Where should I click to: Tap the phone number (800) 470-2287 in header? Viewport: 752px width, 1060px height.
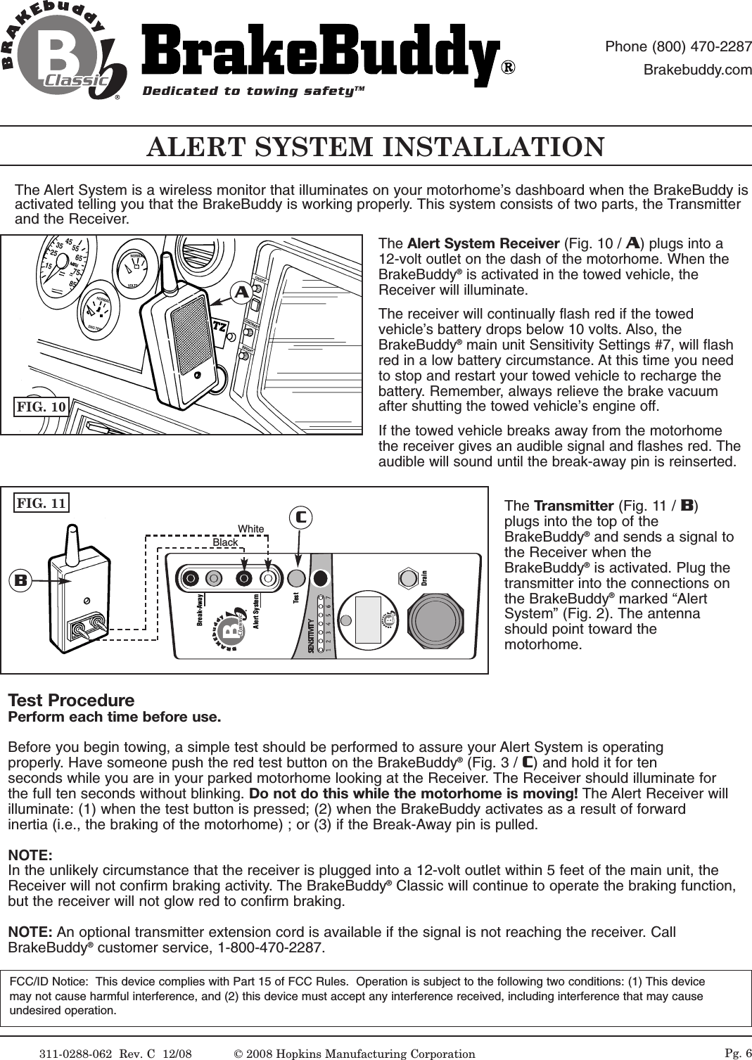click(x=678, y=47)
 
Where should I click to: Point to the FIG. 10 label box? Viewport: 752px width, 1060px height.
click(x=42, y=407)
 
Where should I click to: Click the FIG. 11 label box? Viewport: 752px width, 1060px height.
click(x=42, y=503)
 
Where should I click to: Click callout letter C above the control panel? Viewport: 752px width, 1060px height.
click(x=300, y=518)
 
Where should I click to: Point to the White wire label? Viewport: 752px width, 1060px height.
click(x=250, y=529)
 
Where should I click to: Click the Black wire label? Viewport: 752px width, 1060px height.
click(x=225, y=542)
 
